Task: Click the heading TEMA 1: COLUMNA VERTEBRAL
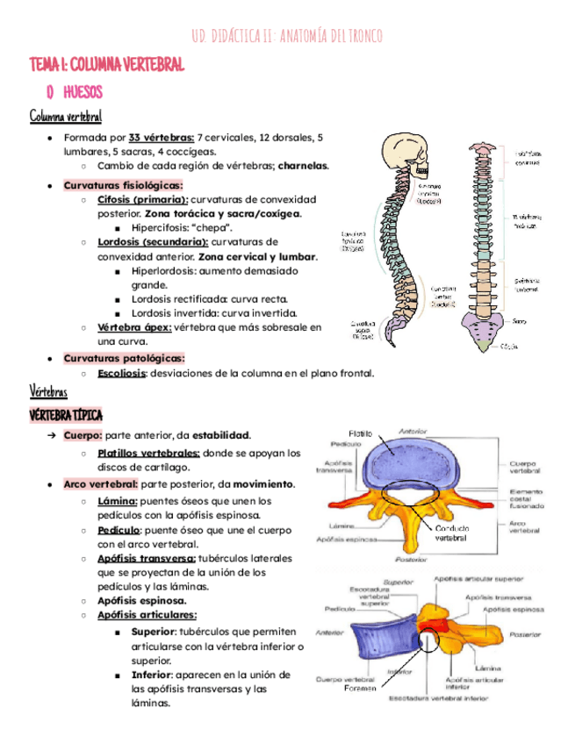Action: click(x=108, y=65)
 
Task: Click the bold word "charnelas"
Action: click(x=301, y=165)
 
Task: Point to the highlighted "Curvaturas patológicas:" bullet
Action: click(x=123, y=358)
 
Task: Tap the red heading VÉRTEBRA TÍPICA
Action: click(x=66, y=414)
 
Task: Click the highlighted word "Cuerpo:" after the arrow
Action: click(x=83, y=434)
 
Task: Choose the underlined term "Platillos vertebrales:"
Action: click(x=148, y=453)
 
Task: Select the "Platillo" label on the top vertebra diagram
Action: click(x=360, y=433)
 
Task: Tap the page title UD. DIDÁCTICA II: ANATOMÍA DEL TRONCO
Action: click(x=286, y=35)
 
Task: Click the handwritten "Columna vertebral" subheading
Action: click(x=66, y=116)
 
